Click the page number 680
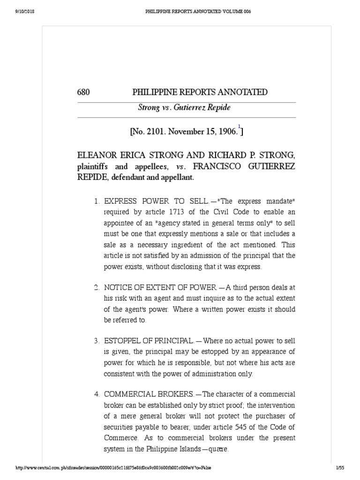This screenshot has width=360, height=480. (83, 92)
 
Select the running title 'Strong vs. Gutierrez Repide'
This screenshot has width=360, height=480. (184, 108)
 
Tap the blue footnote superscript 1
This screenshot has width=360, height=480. (239, 127)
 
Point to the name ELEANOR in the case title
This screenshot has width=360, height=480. (97, 155)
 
